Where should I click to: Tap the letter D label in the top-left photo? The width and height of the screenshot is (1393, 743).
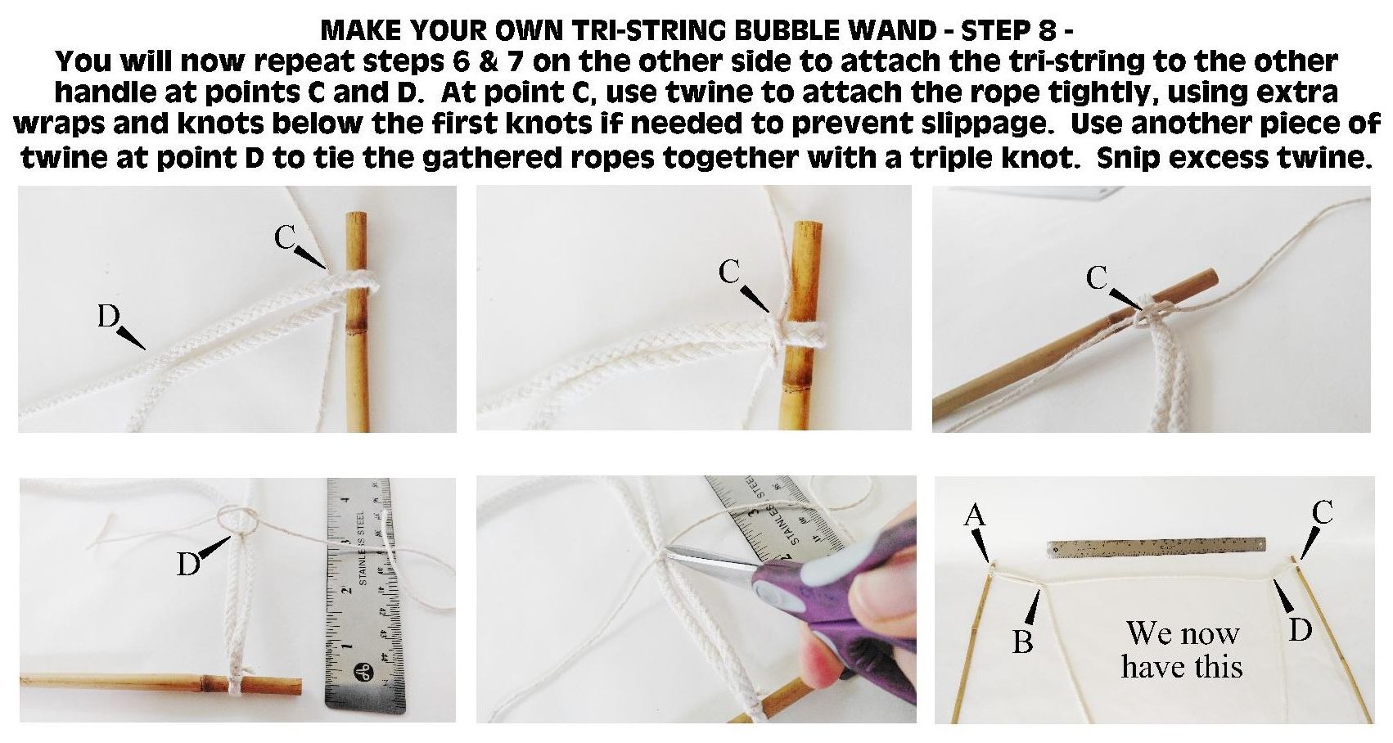pyautogui.click(x=109, y=316)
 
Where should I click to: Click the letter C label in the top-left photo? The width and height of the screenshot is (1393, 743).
pyautogui.click(x=285, y=237)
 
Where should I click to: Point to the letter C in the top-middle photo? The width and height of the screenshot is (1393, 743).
pyautogui.click(x=729, y=272)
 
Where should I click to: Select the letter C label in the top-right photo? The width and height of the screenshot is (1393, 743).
pyautogui.click(x=1097, y=279)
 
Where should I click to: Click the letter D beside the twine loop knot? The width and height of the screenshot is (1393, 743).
pyautogui.click(x=188, y=564)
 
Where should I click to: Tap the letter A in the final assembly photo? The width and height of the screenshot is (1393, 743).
pyautogui.click(x=974, y=515)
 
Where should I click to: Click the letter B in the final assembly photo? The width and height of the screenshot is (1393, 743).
pyautogui.click(x=1022, y=642)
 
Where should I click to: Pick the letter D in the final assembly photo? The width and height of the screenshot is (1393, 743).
pyautogui.click(x=1301, y=628)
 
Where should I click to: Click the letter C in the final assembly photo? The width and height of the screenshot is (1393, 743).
pyautogui.click(x=1322, y=512)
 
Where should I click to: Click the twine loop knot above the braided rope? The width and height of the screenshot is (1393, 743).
pyautogui.click(x=237, y=519)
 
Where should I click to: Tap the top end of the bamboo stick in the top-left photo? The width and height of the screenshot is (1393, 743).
pyautogui.click(x=355, y=217)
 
